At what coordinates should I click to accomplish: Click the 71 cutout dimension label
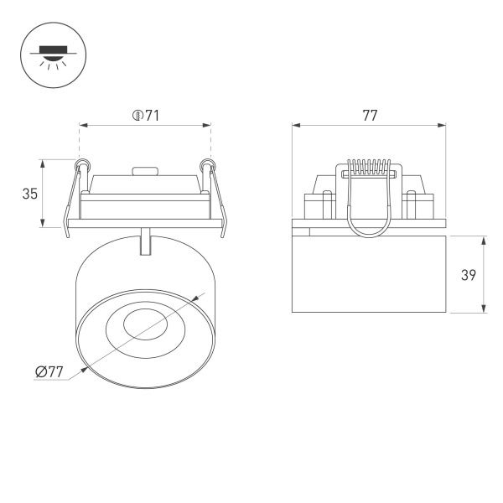click(151, 116)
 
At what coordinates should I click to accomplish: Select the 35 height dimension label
click(30, 194)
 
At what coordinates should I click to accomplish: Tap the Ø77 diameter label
click(51, 374)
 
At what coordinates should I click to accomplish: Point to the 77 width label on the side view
click(370, 116)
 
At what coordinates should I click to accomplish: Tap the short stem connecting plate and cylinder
click(147, 241)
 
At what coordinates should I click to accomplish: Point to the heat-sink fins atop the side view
click(370, 167)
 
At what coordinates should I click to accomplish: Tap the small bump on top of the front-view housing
click(146, 171)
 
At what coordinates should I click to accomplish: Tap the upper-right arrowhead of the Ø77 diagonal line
click(200, 297)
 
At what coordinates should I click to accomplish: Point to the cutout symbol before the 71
click(136, 116)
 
